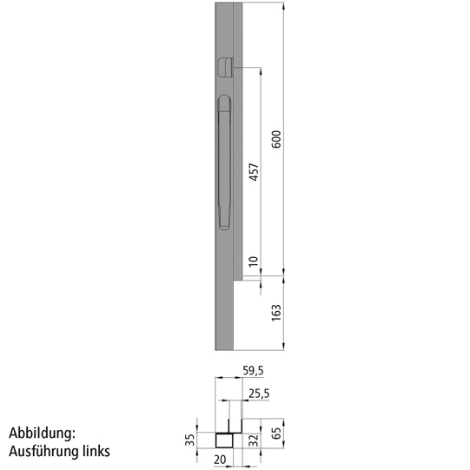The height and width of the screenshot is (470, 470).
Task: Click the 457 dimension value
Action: pyautogui.click(x=254, y=173)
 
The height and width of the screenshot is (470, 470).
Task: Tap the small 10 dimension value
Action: pyautogui.click(x=254, y=261)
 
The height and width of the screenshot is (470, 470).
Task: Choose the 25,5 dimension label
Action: pyautogui.click(x=258, y=394)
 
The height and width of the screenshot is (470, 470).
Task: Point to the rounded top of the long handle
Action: pyautogui.click(x=222, y=102)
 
